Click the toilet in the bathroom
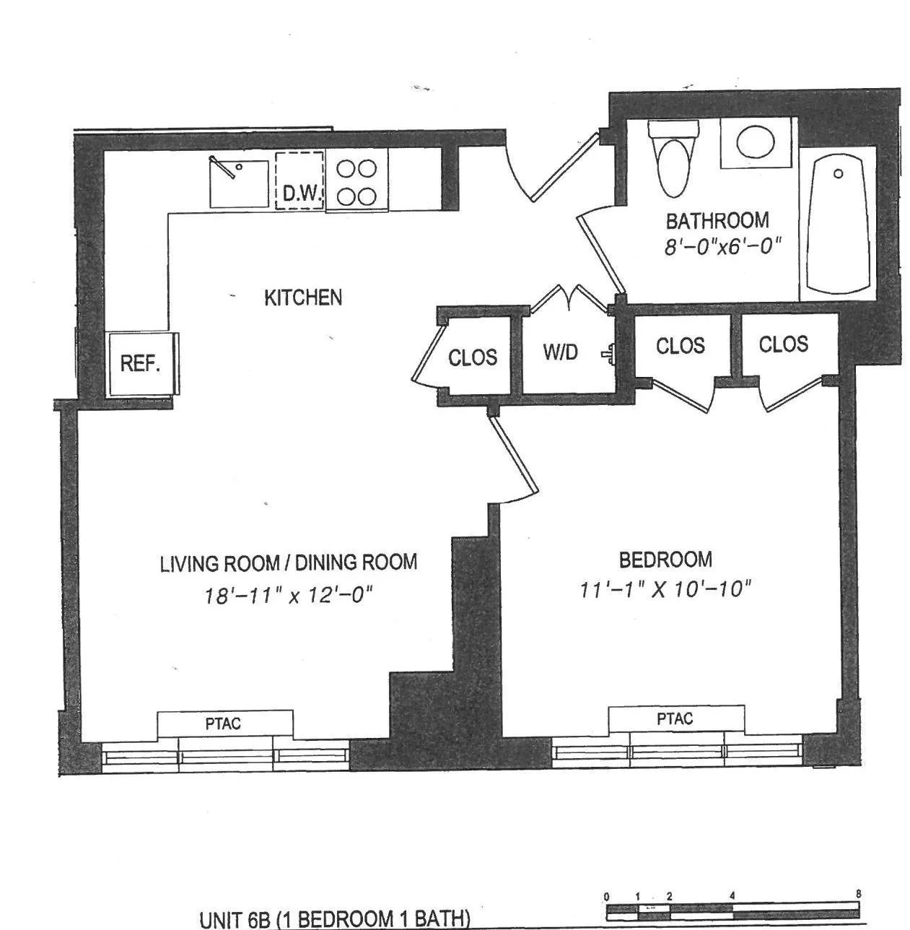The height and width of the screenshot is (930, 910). point(674,158)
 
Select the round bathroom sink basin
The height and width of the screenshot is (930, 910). point(756,142)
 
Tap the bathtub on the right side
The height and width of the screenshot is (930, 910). point(837,224)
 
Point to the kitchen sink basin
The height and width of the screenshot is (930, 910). point(239,183)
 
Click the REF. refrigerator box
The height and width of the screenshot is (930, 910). point(140,363)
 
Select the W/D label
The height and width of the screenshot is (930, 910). point(561,352)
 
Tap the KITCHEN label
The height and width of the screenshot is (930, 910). point(303,297)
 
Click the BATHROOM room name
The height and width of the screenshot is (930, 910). point(717,220)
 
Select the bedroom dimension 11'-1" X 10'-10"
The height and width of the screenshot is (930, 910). point(665,590)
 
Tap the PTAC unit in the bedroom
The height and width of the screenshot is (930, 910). point(675,719)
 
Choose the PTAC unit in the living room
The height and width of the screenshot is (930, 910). point(224,723)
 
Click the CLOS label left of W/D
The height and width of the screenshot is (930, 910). point(473,357)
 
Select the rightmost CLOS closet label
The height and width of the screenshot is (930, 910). point(783,344)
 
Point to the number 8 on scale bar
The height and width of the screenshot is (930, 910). point(858,894)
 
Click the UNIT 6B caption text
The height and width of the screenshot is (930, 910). point(335,919)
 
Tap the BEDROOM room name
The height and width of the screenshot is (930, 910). point(665,560)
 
